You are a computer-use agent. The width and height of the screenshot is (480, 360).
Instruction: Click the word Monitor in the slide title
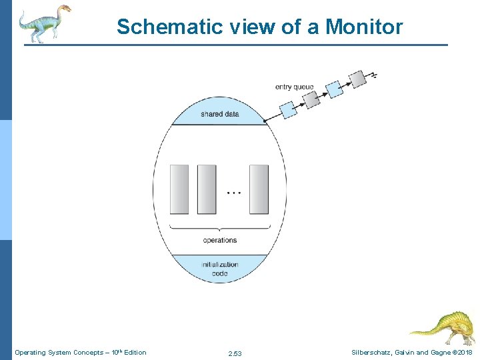(x=365, y=27)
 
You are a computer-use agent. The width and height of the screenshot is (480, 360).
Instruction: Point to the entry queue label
(x=294, y=87)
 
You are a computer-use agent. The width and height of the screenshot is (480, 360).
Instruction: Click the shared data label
(x=219, y=114)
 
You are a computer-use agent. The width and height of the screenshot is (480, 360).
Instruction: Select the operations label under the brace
(x=219, y=240)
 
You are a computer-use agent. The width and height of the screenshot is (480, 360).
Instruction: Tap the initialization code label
(x=219, y=269)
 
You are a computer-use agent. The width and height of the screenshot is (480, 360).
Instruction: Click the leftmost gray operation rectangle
(x=179, y=189)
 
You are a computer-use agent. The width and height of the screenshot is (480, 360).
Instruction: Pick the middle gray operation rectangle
(x=207, y=189)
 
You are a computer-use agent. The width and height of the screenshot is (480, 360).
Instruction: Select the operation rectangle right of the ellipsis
(x=259, y=189)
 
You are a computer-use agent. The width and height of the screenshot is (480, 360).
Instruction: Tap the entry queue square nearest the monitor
(x=288, y=109)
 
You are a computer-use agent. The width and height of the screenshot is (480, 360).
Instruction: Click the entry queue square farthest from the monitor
(x=358, y=79)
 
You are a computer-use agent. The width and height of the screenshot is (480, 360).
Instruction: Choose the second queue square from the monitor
(x=311, y=99)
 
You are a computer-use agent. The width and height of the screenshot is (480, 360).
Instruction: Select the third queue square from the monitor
(x=335, y=89)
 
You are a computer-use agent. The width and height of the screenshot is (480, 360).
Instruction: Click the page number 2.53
(x=235, y=353)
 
